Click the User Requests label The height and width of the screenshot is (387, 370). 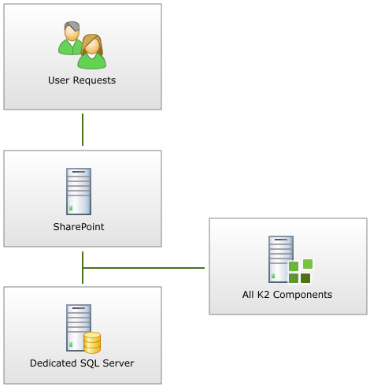(82, 80)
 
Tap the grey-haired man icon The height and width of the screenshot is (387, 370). (70, 38)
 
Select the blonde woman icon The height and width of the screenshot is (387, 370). (92, 51)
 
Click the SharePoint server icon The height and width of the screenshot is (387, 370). (79, 192)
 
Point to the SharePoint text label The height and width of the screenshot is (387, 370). (79, 227)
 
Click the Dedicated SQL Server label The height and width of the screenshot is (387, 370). (82, 363)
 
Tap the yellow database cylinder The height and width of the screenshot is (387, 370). (92, 343)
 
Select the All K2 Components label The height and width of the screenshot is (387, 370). (287, 295)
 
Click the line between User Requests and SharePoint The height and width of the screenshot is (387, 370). (83, 129)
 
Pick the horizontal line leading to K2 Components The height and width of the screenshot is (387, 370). (143, 268)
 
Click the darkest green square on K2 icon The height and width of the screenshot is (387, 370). (305, 278)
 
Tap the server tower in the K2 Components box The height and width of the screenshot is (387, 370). (281, 259)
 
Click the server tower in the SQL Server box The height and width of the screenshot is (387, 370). (79, 328)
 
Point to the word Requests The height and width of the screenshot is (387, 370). (94, 80)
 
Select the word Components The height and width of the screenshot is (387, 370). (302, 295)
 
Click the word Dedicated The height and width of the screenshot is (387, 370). (54, 363)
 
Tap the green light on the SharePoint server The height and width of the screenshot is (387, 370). (71, 208)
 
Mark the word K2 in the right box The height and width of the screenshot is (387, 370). (264, 295)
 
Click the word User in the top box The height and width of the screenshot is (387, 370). (58, 80)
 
